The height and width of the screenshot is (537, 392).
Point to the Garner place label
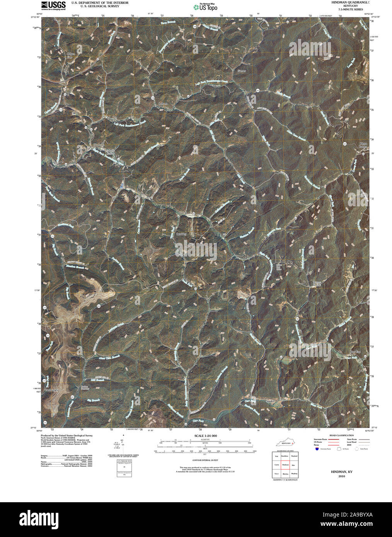click(242, 71)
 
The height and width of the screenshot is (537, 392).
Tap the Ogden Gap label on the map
click(70, 55)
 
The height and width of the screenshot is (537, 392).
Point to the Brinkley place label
click(181, 234)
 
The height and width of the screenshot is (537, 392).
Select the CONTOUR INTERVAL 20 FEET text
click(205, 461)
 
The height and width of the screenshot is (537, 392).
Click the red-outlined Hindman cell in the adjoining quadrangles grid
click(285, 465)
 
